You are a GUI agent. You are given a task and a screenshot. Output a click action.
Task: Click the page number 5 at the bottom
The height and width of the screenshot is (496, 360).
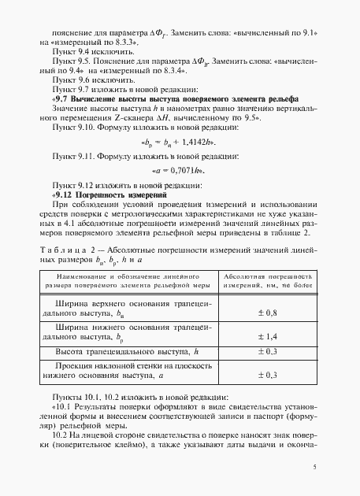(314, 467)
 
